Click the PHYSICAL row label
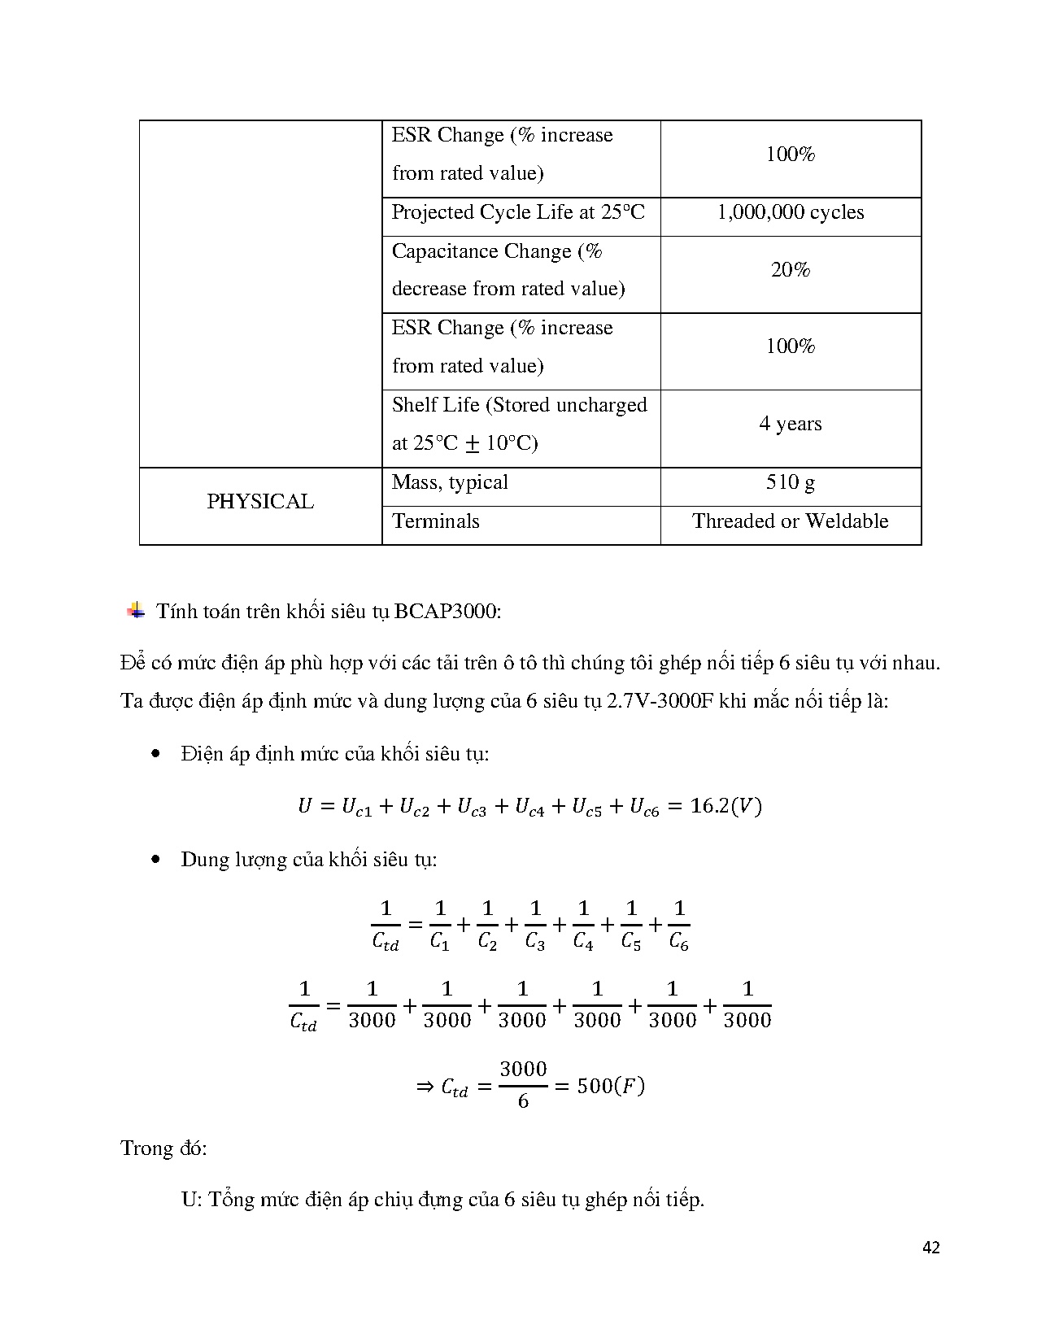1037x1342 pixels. tap(260, 502)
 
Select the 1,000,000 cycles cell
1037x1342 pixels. tap(790, 213)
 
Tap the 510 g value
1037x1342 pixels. tap(790, 483)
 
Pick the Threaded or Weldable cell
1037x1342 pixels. tap(790, 521)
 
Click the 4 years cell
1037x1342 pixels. tap(790, 425)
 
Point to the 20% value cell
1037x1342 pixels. tap(790, 271)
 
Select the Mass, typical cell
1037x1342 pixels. tap(450, 483)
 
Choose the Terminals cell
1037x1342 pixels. tap(436, 521)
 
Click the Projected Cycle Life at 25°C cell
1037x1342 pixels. tap(518, 213)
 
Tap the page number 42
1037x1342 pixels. tap(932, 1248)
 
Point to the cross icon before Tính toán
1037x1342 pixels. tap(136, 611)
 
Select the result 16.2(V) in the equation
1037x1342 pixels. tap(725, 806)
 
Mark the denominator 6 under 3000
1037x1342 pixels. tap(523, 1102)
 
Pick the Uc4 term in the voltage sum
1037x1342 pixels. tap(529, 807)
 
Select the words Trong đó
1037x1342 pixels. tap(163, 1148)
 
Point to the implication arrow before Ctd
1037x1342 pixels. tap(425, 1087)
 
